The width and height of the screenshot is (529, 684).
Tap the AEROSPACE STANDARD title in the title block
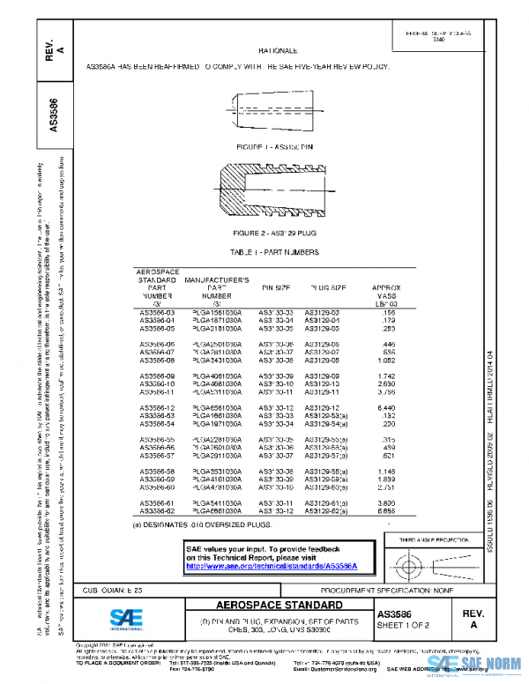pos(279,606)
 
